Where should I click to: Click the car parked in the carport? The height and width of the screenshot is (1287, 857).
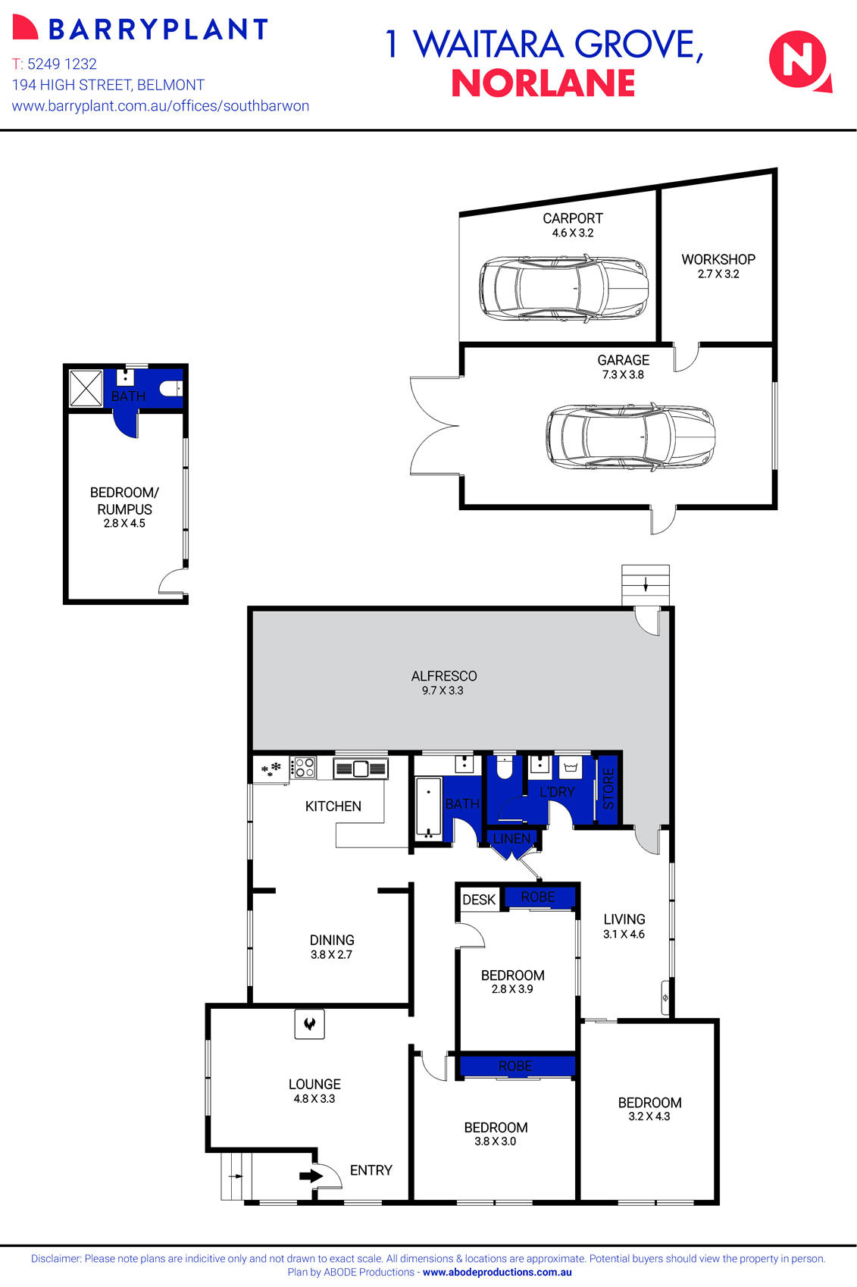coord(565,289)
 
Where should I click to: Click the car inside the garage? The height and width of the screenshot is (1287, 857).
coord(630,437)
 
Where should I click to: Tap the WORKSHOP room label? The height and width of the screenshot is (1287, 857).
coord(718,259)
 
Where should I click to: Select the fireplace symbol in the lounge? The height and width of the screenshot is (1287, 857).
coord(309,1024)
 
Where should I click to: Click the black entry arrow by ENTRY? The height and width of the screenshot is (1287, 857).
coord(311,1176)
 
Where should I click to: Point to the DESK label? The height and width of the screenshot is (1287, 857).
coord(479,900)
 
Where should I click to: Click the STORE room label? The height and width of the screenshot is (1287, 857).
coord(608,788)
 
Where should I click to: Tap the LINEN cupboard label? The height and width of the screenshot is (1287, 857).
coord(511,838)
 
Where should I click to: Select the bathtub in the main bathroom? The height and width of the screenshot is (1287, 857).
coord(429,808)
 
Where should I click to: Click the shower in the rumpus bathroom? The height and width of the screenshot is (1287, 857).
coord(85,388)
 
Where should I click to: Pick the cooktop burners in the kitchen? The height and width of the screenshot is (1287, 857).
coord(305,768)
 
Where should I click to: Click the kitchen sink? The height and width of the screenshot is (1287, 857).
coord(361,769)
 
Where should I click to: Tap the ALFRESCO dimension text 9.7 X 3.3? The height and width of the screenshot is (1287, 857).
coord(443,690)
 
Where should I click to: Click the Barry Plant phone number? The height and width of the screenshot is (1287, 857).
coord(62,64)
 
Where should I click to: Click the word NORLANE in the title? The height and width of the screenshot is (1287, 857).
coord(543,83)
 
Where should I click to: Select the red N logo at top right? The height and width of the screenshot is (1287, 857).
coord(798,60)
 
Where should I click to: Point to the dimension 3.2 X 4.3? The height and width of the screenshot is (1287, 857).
coord(649,1116)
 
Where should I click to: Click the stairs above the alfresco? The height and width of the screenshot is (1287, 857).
coord(646,584)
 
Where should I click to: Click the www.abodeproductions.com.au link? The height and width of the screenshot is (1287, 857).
coord(497,1273)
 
